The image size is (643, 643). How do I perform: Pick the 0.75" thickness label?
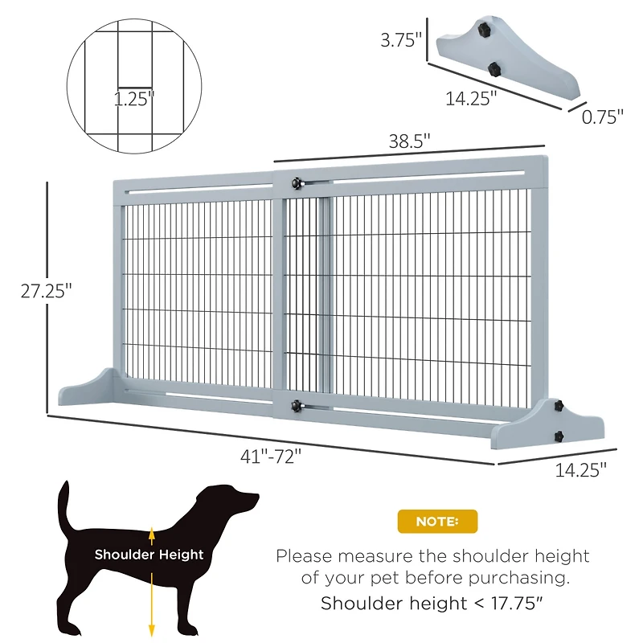tap(602, 117)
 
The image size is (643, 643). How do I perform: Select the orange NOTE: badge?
tap(437, 522)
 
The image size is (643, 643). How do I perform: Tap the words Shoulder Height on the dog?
tap(149, 555)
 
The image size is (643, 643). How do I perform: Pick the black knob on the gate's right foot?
tap(557, 436)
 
